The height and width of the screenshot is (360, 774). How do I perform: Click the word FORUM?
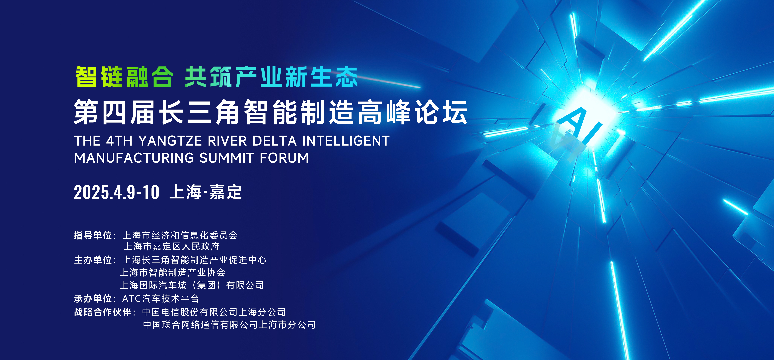(284, 158)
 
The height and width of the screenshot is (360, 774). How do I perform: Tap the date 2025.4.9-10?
(117, 192)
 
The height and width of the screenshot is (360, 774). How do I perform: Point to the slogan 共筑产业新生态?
(271, 77)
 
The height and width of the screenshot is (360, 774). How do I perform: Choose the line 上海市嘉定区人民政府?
(172, 246)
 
